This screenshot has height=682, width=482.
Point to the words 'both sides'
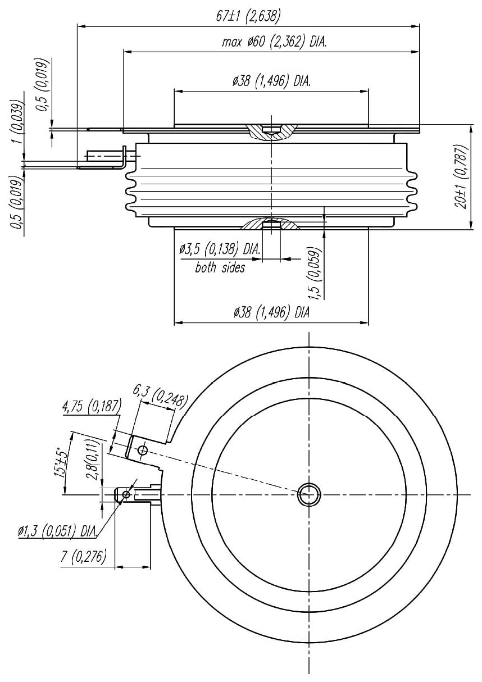[220, 267]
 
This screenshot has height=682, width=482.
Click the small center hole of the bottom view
[309, 494]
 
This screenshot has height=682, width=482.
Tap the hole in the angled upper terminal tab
[143, 449]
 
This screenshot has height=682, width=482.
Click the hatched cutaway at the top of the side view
[271, 132]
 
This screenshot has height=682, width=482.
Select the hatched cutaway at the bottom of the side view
[270, 224]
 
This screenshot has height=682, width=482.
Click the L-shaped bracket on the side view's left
[121, 161]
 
